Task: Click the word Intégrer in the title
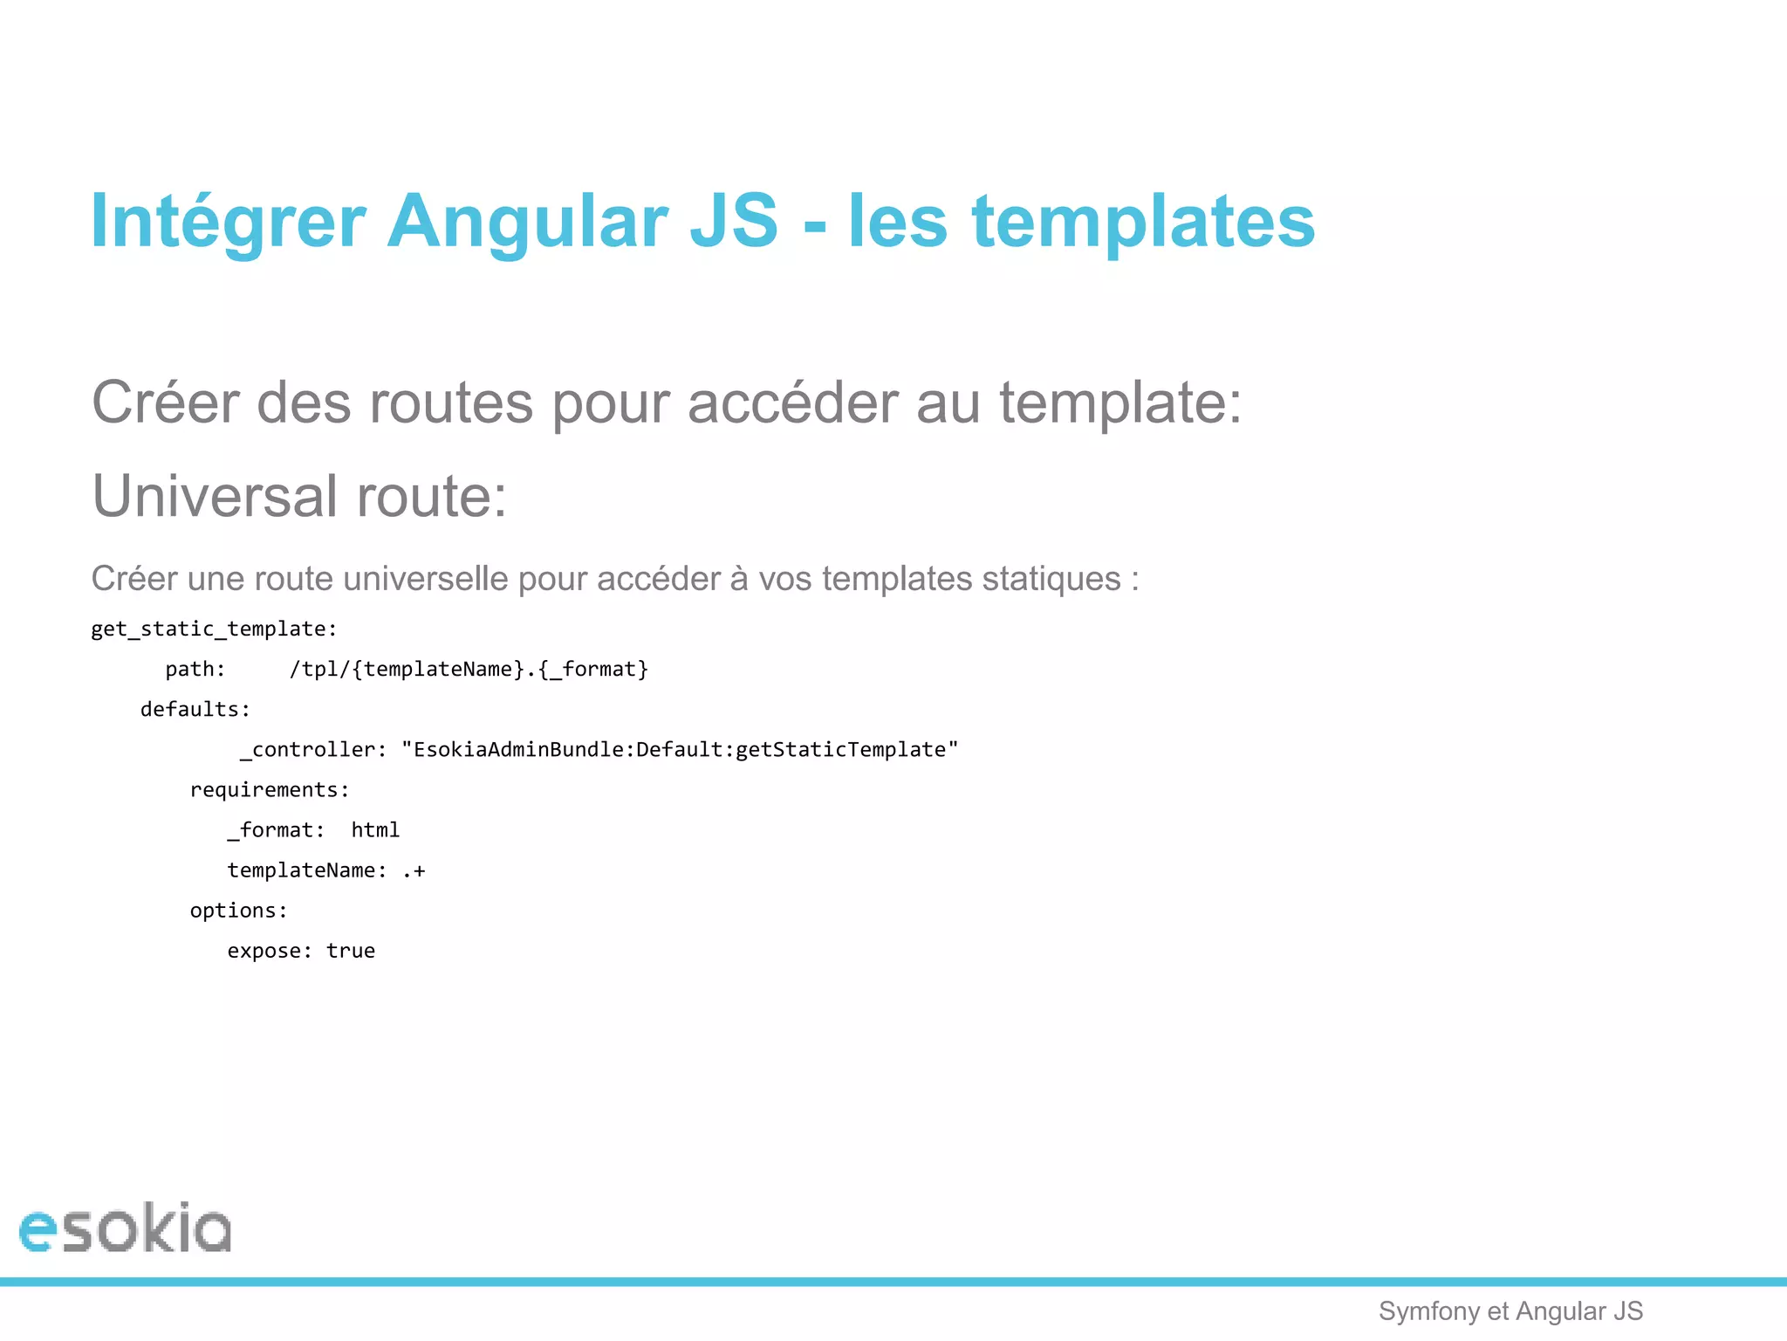[228, 222]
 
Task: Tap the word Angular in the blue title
[527, 222]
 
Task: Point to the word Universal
[215, 496]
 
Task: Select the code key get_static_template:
[214, 629]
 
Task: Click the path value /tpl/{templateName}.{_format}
[469, 670]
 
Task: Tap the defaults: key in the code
[195, 710]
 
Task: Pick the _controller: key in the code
[313, 750]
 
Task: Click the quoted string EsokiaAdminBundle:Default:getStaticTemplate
[680, 750]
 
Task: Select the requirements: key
[270, 790]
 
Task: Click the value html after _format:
[375, 830]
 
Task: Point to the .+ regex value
[414, 870]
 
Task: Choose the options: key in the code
[238, 911]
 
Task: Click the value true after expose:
[351, 951]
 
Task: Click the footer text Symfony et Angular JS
[1510, 1311]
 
